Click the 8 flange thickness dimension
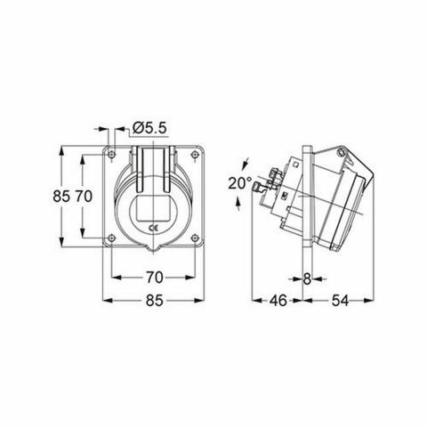click(x=307, y=277)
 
